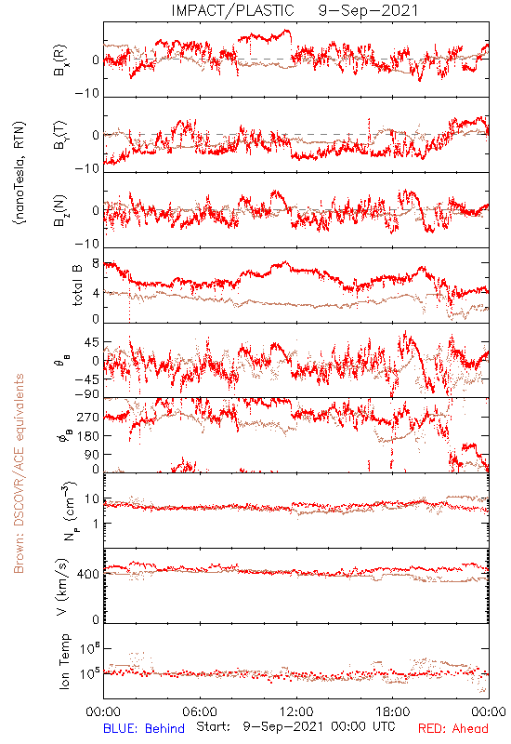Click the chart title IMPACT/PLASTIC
(x=232, y=10)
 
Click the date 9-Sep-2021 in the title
(x=368, y=10)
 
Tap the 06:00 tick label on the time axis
(x=200, y=711)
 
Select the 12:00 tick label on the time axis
(x=296, y=711)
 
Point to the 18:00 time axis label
(x=393, y=711)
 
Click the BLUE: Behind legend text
(x=144, y=728)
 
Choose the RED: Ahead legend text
(x=453, y=728)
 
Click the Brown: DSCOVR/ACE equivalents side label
(x=19, y=473)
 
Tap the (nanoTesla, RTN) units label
(x=20, y=173)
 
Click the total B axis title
(x=77, y=286)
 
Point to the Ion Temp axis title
(x=64, y=661)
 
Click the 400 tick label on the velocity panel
(x=88, y=574)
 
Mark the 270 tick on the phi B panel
(x=88, y=417)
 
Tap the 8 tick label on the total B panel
(x=96, y=263)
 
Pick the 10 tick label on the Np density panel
(x=92, y=499)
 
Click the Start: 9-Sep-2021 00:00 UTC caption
(x=295, y=726)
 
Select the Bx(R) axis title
(x=60, y=60)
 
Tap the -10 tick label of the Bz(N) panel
(x=87, y=244)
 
